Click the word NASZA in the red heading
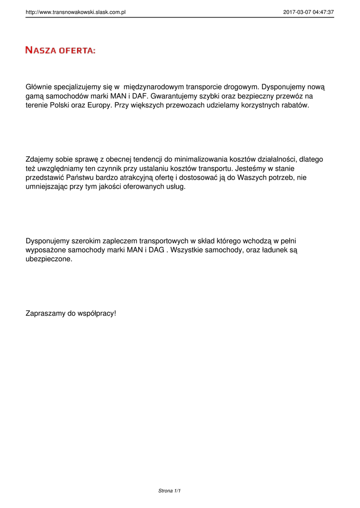click(x=41, y=50)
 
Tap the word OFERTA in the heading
click(x=77, y=50)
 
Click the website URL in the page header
click(x=75, y=12)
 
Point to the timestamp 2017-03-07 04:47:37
click(x=308, y=12)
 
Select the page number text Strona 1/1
click(x=169, y=491)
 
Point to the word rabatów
click(x=293, y=106)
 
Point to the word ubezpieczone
click(x=49, y=259)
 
